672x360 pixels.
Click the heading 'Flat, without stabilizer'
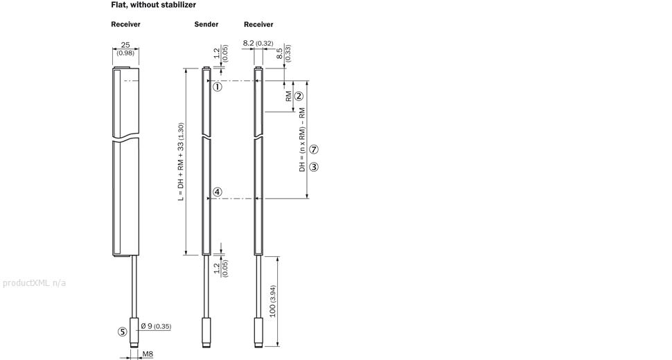click(x=153, y=5)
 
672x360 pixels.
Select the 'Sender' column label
click(x=206, y=24)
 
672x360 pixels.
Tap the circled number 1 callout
click(x=218, y=87)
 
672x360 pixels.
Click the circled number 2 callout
click(x=299, y=96)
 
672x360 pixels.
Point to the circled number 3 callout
click(x=314, y=167)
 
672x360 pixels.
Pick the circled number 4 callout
click(x=218, y=192)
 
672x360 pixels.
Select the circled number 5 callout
click(x=123, y=332)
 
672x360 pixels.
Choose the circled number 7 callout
click(x=314, y=150)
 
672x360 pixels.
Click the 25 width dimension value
click(x=125, y=45)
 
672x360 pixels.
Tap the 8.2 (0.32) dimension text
click(x=258, y=43)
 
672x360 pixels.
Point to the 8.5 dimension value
click(x=279, y=53)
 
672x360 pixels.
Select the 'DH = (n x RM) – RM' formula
click(x=302, y=140)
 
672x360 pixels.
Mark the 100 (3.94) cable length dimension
click(x=272, y=301)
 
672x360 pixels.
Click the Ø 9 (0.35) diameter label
click(x=156, y=326)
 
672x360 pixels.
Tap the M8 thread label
click(x=148, y=354)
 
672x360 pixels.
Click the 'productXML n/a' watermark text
click(x=34, y=283)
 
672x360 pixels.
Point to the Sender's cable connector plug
click(x=206, y=332)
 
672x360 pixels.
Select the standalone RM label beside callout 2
click(x=288, y=96)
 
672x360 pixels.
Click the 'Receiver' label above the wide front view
click(x=125, y=24)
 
